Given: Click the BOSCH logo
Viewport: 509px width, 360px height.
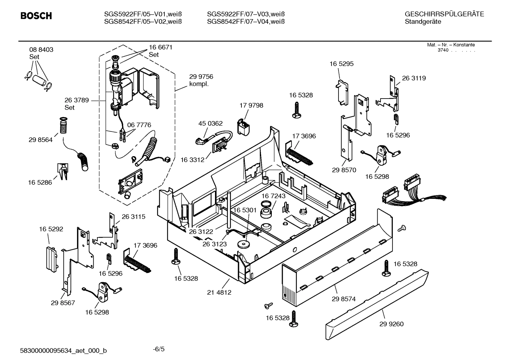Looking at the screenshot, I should click(36, 16).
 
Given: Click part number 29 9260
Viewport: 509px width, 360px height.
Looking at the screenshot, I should click(391, 324).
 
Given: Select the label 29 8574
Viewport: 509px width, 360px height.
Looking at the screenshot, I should click(343, 299).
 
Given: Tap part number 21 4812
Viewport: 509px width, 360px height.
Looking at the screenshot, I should click(219, 292).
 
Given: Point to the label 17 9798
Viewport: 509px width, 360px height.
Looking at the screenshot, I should click(251, 105).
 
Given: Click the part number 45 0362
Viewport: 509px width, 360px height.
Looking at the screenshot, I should click(210, 123).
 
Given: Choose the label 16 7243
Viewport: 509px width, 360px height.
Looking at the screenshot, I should click(273, 196).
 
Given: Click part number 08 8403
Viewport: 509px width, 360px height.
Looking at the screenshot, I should click(41, 50).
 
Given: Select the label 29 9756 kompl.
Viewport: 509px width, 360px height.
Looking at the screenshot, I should click(201, 80).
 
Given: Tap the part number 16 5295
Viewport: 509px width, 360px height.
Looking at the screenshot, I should click(341, 64).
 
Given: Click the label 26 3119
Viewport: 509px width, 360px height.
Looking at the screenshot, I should click(414, 78).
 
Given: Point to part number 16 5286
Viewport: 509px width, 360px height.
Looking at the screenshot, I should click(40, 183).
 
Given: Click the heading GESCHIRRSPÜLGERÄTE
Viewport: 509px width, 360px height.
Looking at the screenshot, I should click(444, 14).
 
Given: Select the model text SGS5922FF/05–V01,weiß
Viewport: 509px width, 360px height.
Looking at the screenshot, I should click(143, 14).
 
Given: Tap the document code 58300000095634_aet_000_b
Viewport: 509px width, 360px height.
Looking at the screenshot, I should click(64, 350).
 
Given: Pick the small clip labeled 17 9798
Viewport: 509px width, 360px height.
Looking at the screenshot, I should click(243, 127).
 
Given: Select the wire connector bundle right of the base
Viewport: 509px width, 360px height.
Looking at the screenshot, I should click(409, 194).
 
